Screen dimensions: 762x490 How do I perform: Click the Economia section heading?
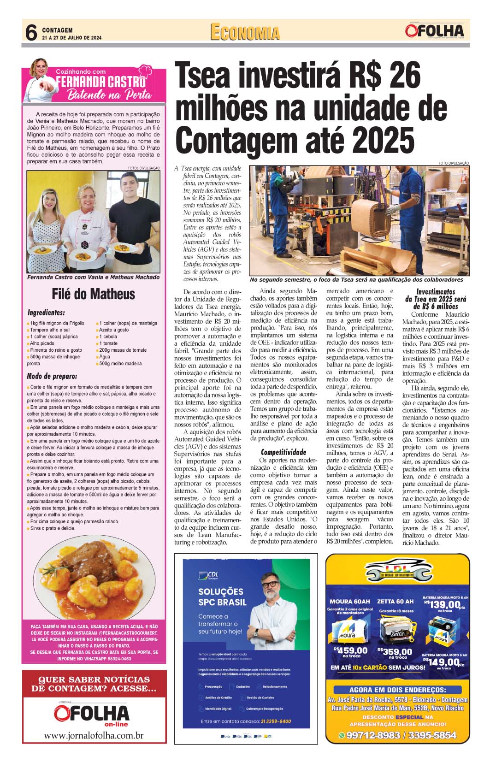245,33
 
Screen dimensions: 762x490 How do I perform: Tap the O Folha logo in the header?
434,31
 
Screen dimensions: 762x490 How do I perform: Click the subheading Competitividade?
283,452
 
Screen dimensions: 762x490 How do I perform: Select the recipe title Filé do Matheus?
93,294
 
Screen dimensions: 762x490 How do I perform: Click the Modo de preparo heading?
52,376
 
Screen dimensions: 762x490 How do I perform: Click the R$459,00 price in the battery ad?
350,650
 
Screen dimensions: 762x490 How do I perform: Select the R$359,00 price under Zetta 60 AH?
395,651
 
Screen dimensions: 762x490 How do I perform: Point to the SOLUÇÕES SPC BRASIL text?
222,597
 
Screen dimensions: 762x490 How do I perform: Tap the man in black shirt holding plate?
134,221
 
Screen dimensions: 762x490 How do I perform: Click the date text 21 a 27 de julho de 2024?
71,38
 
